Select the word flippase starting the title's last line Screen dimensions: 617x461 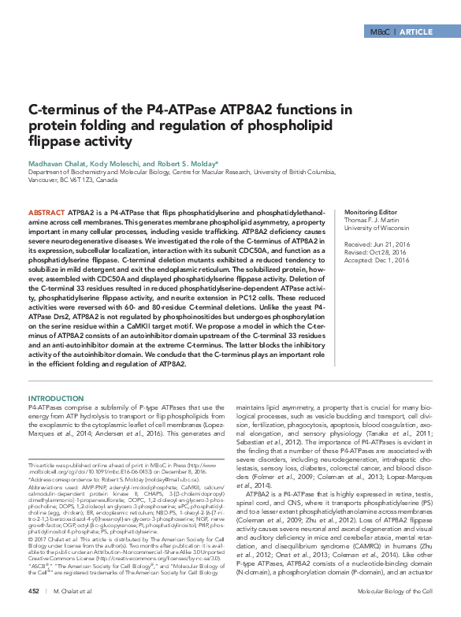(x=54, y=142)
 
